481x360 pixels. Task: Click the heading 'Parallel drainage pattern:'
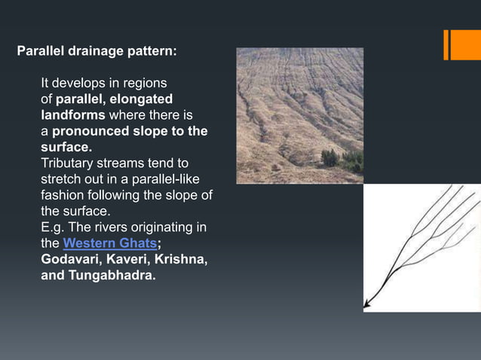[97, 52]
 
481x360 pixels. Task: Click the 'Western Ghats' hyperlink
[109, 243]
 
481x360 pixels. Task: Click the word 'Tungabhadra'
[112, 276]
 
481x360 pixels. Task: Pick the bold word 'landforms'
[73, 115]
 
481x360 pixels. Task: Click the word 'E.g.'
[54, 227]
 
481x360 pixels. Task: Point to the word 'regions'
[144, 83]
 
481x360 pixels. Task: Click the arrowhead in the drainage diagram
[367, 306]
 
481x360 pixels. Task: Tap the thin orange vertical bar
[446, 44]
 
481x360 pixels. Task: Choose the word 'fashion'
[63, 196]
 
